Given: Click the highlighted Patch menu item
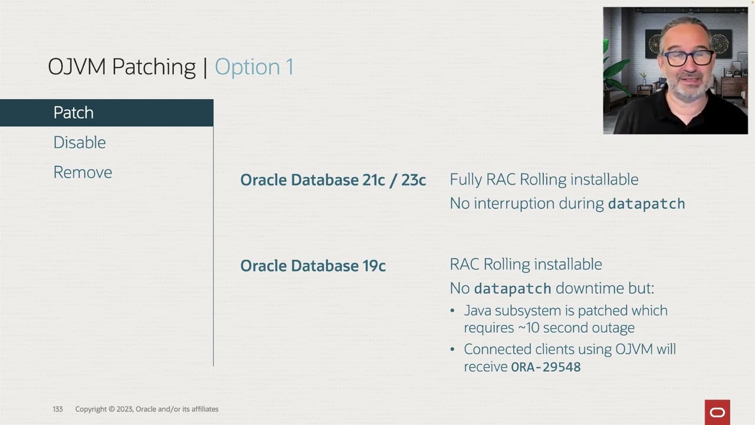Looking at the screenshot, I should [73, 113].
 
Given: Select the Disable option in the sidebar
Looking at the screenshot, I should [79, 142].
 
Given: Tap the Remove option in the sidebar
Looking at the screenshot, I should [83, 172].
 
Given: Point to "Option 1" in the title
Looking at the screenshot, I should [254, 67].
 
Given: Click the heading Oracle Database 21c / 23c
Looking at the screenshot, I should [333, 180].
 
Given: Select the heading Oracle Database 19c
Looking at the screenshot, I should [313, 266].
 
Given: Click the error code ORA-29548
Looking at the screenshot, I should [546, 367].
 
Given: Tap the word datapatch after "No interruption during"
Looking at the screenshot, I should [646, 204].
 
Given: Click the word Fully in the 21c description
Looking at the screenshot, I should [465, 179].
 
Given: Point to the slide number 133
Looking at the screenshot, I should [57, 409].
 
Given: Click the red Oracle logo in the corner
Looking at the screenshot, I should [717, 412].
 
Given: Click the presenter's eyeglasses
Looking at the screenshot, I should [687, 58].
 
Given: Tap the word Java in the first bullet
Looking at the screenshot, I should [477, 310].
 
